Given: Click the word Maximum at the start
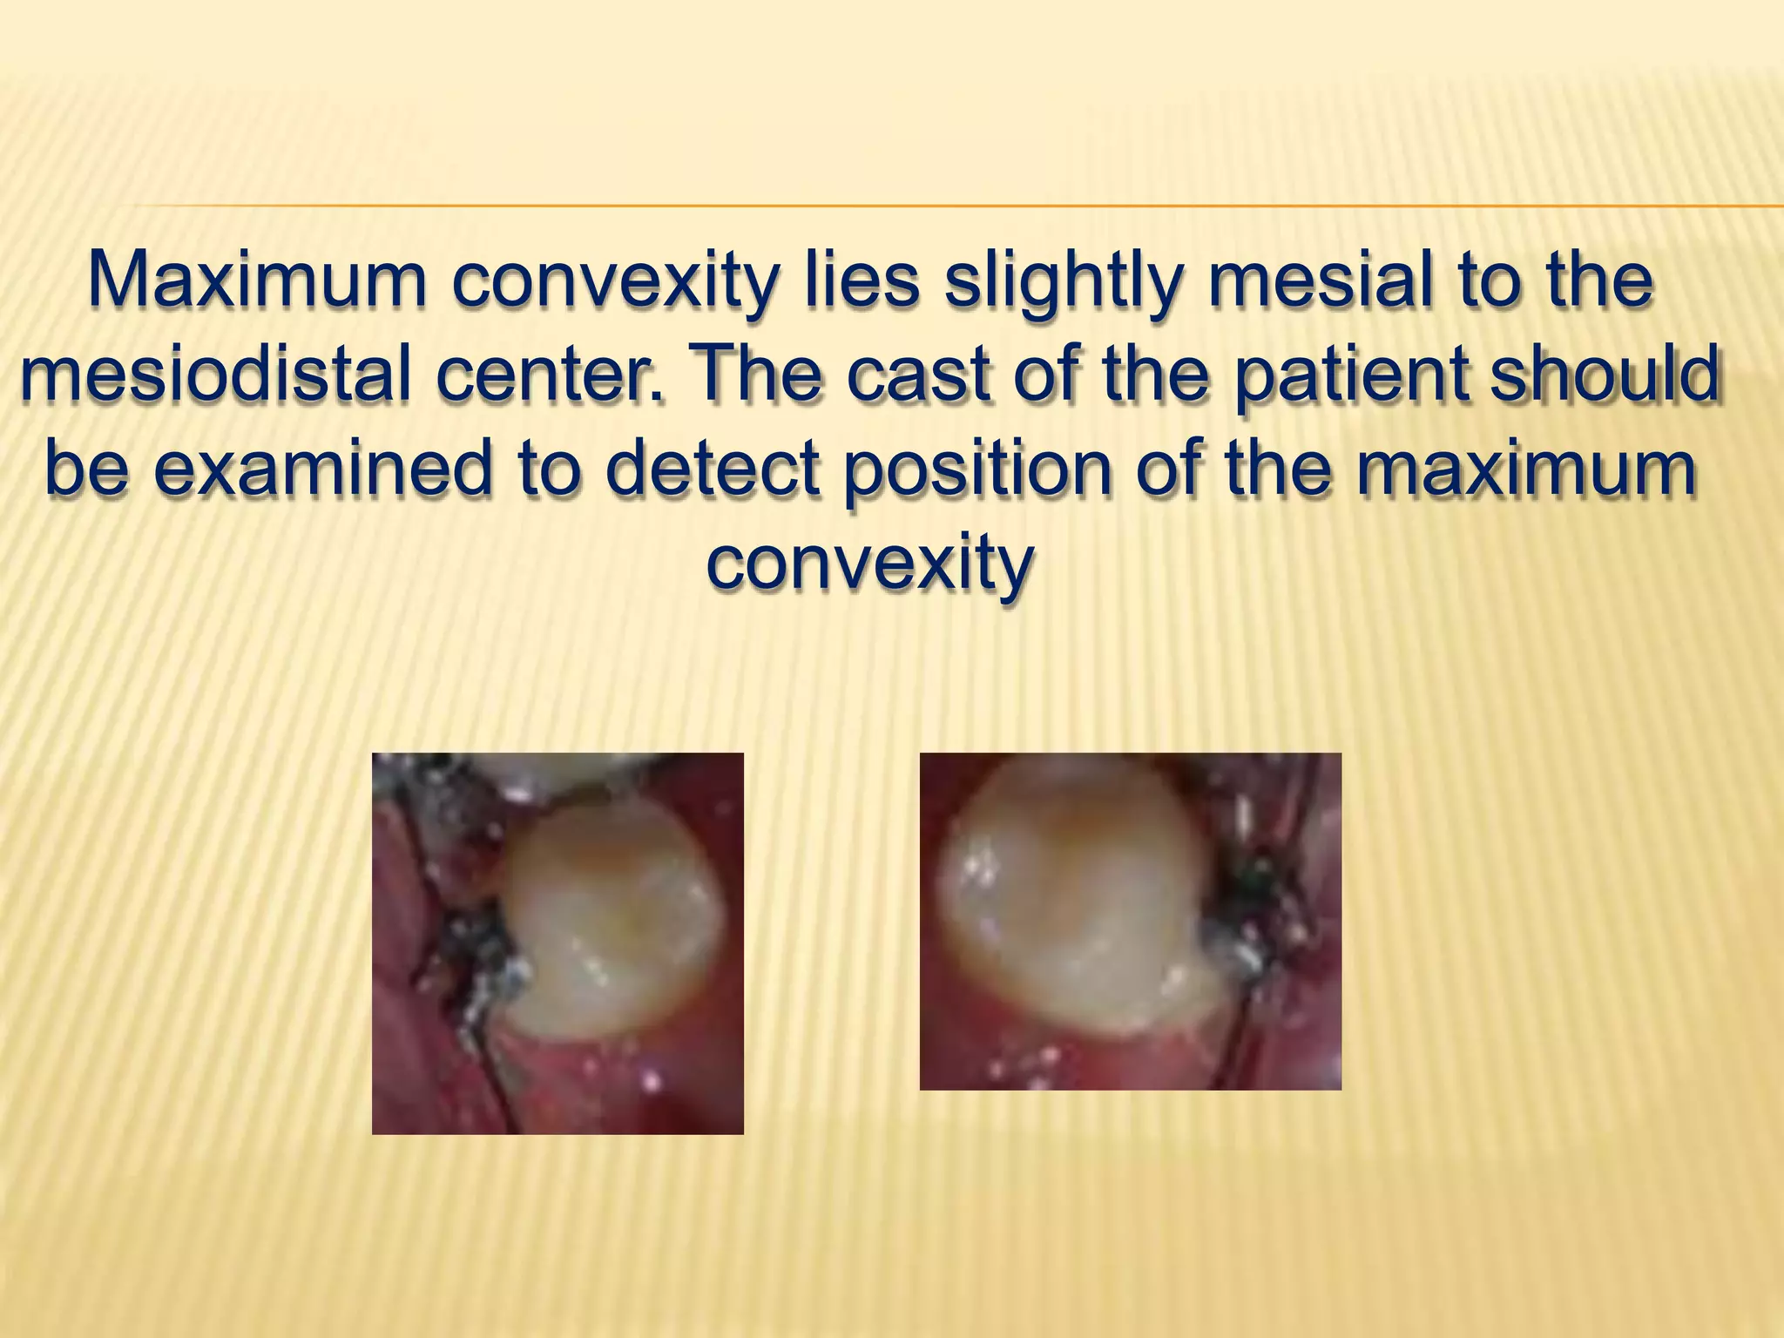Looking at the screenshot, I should (x=257, y=280).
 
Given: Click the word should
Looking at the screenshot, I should (x=1605, y=375).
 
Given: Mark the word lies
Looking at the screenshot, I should (x=862, y=280).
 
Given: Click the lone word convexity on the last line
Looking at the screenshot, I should (x=870, y=564).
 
